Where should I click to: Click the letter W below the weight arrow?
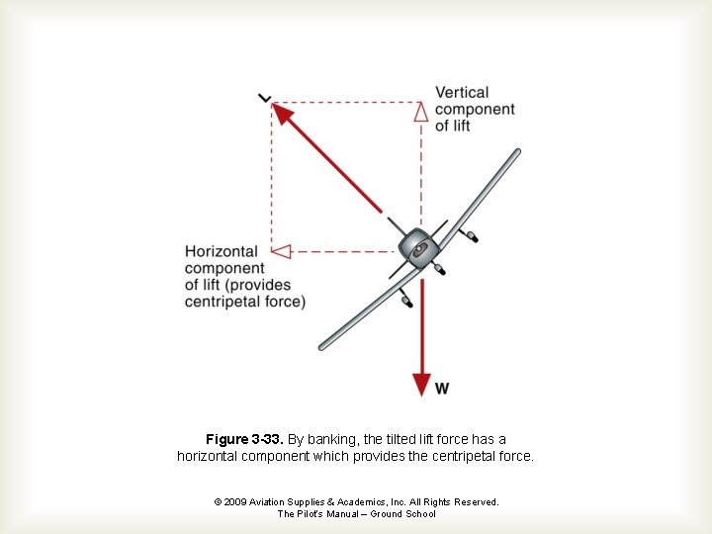click(x=442, y=389)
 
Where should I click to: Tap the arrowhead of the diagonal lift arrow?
click(x=284, y=115)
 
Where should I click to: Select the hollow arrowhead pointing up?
click(x=420, y=111)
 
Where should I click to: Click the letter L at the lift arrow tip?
click(x=264, y=97)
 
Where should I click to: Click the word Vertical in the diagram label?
click(x=461, y=93)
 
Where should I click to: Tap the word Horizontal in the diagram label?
click(x=221, y=251)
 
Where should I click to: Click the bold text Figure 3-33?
click(x=244, y=439)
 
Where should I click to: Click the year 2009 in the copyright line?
click(x=235, y=502)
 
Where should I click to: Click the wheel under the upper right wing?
click(x=474, y=238)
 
